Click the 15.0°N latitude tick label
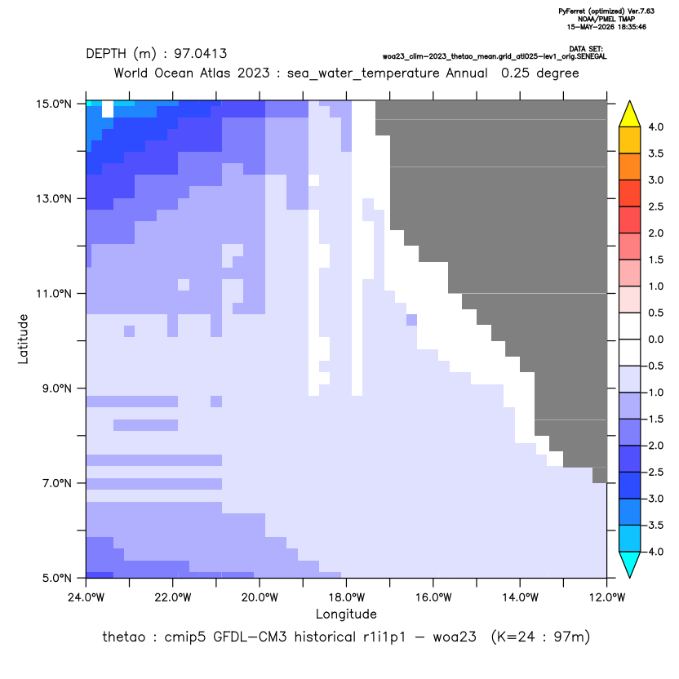pos(54,104)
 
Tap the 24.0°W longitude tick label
pos(87,597)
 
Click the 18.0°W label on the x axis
pos(346,597)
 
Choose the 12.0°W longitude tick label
pos(607,597)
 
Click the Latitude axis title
pos(23,339)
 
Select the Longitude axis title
pos(346,614)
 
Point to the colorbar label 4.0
pos(655,126)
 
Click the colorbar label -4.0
pos(653,552)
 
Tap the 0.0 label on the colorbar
pos(655,339)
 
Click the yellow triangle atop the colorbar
pos(630,114)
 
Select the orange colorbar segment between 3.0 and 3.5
pos(630,166)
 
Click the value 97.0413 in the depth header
pos(201,54)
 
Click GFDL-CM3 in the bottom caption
pos(250,637)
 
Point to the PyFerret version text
pos(606,11)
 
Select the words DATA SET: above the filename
pos(586,49)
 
